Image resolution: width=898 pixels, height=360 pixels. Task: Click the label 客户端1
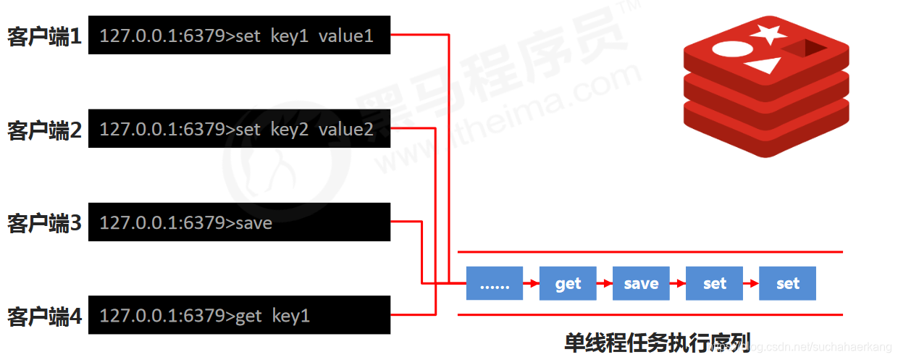click(44, 36)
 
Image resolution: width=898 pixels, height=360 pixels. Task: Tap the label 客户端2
click(44, 130)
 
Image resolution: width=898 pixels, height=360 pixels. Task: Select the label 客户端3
click(44, 223)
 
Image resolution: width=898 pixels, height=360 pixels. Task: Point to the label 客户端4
click(44, 316)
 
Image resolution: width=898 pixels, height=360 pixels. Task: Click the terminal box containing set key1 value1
click(239, 35)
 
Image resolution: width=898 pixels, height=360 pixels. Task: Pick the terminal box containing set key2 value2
click(239, 129)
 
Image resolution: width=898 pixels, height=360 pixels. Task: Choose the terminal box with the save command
click(239, 222)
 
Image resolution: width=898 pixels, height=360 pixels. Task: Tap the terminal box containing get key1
click(239, 315)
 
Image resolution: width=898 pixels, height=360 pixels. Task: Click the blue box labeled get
click(568, 283)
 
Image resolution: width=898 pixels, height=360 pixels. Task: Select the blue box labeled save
click(641, 283)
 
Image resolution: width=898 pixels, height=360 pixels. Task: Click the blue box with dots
click(495, 283)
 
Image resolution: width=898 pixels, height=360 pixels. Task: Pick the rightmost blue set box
click(787, 283)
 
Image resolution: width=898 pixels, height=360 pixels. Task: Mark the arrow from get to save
click(605, 283)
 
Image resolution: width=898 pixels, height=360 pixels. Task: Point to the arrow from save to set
click(678, 283)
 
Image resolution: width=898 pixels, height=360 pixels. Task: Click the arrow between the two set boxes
click(751, 283)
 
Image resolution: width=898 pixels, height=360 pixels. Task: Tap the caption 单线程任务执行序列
click(657, 340)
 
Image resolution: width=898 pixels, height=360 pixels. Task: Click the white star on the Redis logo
click(768, 33)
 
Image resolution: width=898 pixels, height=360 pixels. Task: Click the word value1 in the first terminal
click(346, 35)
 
